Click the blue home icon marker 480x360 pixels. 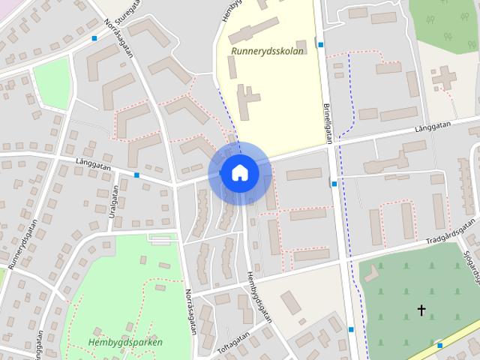pos(239,172)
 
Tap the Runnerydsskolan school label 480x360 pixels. pos(268,51)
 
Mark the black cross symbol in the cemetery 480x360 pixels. pos(421,309)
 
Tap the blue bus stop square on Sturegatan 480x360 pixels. pos(94,38)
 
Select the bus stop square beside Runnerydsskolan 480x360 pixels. pos(321,45)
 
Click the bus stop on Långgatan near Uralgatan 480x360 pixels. pos(136,175)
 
